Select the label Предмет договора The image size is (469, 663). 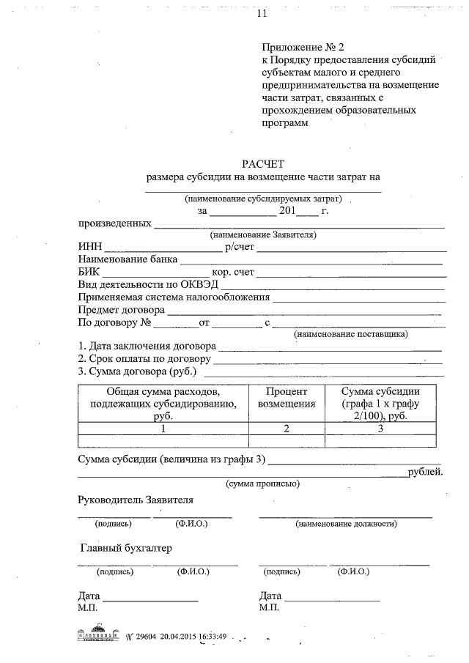click(121, 310)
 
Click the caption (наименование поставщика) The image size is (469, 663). click(351, 334)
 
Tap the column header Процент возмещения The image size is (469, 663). click(291, 397)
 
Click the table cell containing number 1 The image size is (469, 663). click(162, 429)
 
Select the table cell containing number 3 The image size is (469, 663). click(381, 429)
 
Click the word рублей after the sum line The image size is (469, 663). click(426, 472)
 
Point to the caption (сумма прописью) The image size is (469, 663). click(262, 484)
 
